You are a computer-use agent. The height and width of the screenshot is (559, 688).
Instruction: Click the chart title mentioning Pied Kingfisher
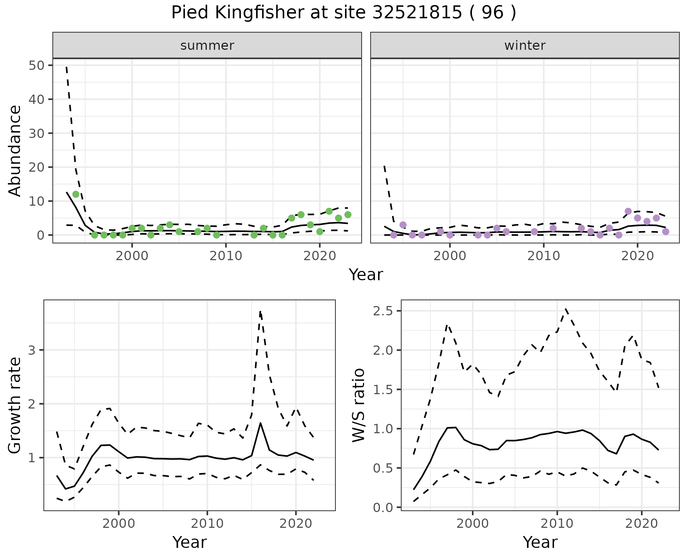click(344, 13)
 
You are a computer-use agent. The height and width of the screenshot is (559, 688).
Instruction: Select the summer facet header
click(207, 46)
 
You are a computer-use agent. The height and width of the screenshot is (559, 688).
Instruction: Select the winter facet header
click(525, 46)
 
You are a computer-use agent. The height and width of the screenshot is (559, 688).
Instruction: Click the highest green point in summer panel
click(76, 194)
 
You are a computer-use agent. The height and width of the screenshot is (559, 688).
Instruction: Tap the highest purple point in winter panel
click(628, 211)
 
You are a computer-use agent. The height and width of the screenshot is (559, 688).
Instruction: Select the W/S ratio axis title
click(358, 405)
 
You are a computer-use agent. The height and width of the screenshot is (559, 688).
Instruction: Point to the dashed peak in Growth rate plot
click(261, 312)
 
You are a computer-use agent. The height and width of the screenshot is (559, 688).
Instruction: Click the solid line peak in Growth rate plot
click(261, 423)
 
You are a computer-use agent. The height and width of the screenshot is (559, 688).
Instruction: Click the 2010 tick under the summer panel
click(226, 256)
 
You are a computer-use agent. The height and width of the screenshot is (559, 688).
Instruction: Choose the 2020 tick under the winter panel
click(637, 256)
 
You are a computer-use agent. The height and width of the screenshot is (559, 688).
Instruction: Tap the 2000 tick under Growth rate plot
click(119, 524)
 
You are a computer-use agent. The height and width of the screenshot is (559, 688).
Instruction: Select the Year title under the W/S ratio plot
click(540, 542)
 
